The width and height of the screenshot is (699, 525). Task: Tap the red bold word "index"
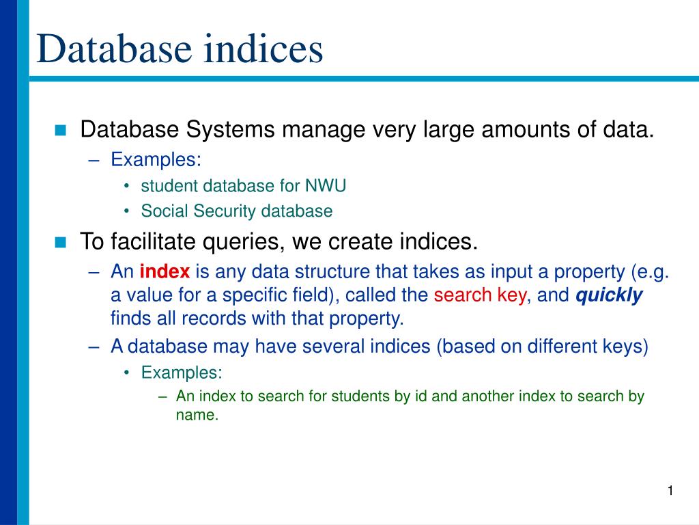click(165, 272)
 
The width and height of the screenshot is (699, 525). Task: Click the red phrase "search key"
click(480, 295)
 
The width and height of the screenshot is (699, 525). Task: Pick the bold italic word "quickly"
click(610, 295)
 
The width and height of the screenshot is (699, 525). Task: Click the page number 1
click(670, 491)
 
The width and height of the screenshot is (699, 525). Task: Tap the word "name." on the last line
click(197, 414)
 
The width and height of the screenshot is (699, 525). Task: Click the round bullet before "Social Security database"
click(128, 212)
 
